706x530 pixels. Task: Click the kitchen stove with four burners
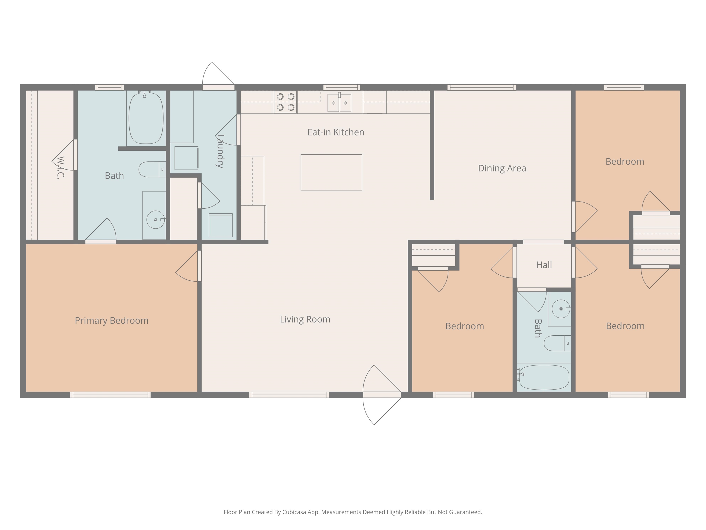point(286,102)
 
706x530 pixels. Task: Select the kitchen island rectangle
point(331,172)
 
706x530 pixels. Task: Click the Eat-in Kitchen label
point(336,132)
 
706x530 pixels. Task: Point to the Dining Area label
point(502,168)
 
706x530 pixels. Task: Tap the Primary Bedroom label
point(112,320)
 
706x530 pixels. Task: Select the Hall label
point(544,265)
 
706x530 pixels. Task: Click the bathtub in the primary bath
point(146,118)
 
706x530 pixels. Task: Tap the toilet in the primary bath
point(152,169)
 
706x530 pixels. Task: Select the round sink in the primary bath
point(156,220)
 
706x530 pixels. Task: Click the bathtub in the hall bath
point(544,377)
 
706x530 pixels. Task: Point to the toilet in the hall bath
point(557,343)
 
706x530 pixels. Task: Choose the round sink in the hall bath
point(561,309)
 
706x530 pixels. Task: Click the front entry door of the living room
point(382,395)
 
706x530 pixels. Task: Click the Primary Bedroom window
point(111,395)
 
